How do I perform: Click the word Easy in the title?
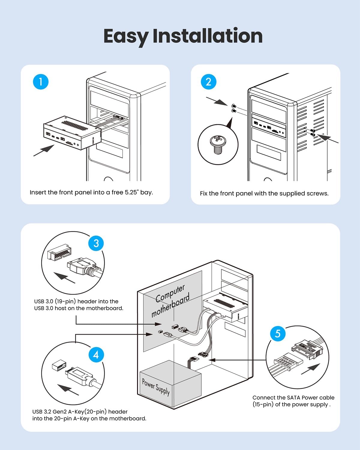(x=126, y=36)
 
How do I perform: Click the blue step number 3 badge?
(x=96, y=243)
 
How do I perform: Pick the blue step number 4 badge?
(x=96, y=355)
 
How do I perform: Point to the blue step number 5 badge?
(x=277, y=333)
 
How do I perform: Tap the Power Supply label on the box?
(x=156, y=387)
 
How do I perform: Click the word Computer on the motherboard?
(x=170, y=293)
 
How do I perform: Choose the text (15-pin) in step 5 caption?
(x=263, y=405)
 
